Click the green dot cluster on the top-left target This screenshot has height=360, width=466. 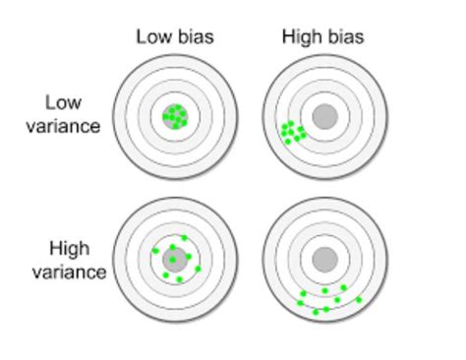click(175, 116)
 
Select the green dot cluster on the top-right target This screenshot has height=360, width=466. click(292, 131)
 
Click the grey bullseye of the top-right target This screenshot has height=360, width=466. click(323, 117)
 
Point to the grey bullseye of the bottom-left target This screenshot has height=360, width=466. click(175, 261)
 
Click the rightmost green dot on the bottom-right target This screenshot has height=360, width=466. click(359, 299)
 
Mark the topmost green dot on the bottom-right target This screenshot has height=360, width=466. click(344, 287)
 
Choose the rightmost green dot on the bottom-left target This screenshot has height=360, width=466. click(198, 268)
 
